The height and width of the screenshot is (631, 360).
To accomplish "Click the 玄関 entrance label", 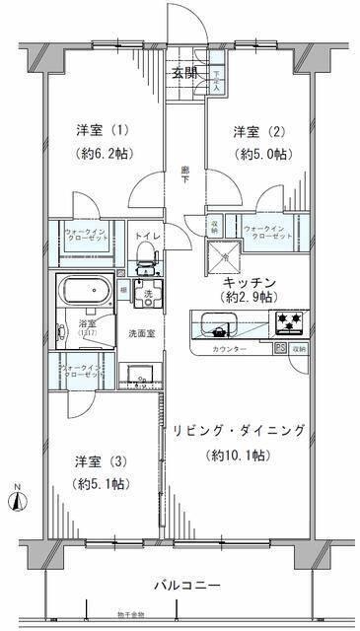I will (184, 72).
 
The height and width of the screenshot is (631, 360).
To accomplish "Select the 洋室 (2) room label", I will (252, 132).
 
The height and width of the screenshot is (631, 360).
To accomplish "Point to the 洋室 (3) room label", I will (96, 460).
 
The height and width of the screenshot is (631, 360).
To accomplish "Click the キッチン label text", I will (248, 282).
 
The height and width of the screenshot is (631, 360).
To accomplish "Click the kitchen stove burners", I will (287, 320).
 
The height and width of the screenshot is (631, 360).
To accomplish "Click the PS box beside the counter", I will (279, 348).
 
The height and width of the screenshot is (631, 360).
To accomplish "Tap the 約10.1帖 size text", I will (236, 455).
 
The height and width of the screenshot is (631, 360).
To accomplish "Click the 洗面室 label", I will (137, 332).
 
